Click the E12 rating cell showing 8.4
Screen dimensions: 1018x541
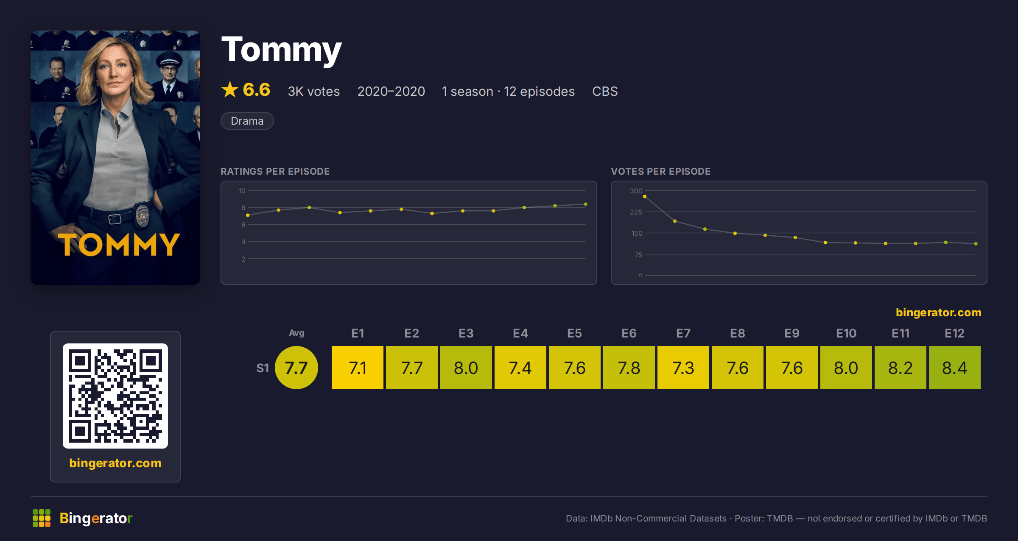click(954, 368)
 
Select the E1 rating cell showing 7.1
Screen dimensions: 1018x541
click(358, 368)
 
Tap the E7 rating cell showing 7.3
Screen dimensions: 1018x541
click(683, 368)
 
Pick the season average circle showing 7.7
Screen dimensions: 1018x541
click(296, 368)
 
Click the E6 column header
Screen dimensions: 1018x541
click(629, 333)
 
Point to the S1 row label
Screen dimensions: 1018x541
click(263, 368)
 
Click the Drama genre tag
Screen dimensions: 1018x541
click(247, 121)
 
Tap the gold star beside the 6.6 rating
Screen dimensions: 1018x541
click(230, 89)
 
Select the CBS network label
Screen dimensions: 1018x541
click(605, 91)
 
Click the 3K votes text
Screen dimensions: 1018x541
click(314, 91)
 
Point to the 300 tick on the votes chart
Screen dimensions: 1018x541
click(636, 191)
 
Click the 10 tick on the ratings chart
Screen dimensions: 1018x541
click(242, 191)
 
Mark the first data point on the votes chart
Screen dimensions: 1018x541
click(645, 196)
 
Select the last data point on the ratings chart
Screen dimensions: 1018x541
click(586, 204)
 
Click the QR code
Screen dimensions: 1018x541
click(115, 396)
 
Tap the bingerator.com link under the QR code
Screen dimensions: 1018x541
click(115, 463)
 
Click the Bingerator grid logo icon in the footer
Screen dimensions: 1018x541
click(42, 518)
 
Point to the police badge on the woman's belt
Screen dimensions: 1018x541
click(143, 215)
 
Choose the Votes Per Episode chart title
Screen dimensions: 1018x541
click(660, 171)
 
